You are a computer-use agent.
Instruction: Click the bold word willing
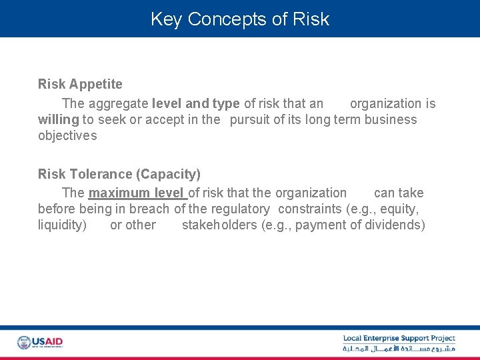coord(58,119)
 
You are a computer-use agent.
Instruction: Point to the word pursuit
coord(249,119)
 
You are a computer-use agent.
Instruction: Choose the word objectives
coord(67,135)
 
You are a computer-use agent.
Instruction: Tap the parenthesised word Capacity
coord(168,174)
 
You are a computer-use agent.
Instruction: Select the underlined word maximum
coord(119,193)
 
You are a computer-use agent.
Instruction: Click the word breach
coord(151,209)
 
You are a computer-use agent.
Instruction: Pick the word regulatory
coord(240,209)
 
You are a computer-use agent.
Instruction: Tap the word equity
coord(399,209)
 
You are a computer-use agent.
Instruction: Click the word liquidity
coord(62,225)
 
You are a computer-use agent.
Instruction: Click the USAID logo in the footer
coord(40,343)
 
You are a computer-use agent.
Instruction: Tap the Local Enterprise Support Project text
coord(399,339)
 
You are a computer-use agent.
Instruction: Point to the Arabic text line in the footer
coord(399,349)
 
